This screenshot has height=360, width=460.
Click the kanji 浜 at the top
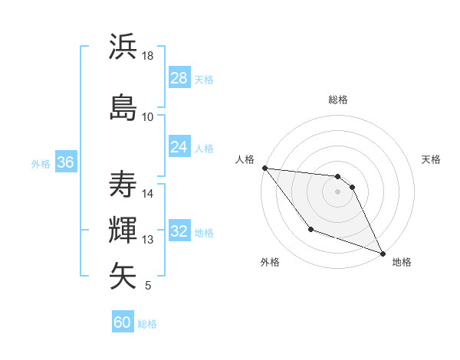tap(123, 48)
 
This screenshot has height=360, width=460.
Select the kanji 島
tap(123, 106)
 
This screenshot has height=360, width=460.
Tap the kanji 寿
tap(123, 184)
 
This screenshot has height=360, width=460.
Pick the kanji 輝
tap(123, 230)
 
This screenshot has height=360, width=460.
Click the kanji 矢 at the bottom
tap(123, 276)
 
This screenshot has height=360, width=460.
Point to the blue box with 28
tap(179, 78)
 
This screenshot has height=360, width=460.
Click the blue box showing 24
tap(179, 147)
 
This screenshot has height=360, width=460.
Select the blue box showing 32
tap(179, 231)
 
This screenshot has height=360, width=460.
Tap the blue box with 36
tap(66, 162)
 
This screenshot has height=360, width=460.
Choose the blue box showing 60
tap(123, 322)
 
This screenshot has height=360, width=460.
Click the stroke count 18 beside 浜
tap(148, 56)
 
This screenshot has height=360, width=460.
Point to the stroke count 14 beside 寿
tap(148, 193)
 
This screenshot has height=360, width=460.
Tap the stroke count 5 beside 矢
tap(148, 286)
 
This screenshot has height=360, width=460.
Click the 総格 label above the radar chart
tap(338, 100)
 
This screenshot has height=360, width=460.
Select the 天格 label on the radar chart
tap(431, 159)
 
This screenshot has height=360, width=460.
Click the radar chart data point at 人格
tap(264, 168)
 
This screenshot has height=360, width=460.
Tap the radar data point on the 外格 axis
tap(310, 229)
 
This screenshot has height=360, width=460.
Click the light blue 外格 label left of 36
tap(40, 163)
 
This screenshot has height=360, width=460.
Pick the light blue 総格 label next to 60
tap(147, 324)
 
